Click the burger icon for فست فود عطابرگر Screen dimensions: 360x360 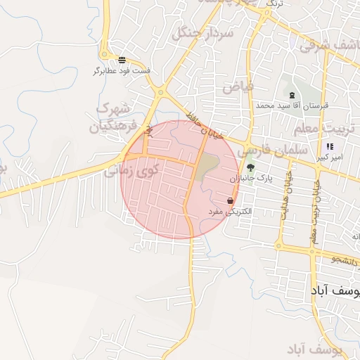pos(122,60)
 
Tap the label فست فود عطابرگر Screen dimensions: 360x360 pos(122,71)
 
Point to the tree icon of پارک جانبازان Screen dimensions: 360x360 pos(250,167)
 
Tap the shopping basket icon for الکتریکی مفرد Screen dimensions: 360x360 pos(231,201)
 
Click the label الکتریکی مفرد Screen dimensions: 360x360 pos(231,211)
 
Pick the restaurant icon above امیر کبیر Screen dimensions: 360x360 pos(330,146)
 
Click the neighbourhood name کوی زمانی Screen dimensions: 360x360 pos(143,170)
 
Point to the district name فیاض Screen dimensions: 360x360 pos(238,87)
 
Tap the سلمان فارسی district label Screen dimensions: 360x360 pos(273,151)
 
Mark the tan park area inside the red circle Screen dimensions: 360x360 pos(207,166)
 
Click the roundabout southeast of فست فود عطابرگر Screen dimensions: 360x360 pos(161,91)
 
